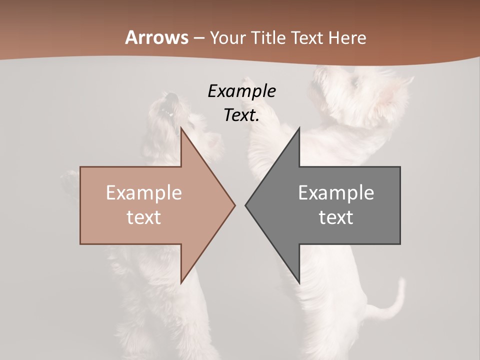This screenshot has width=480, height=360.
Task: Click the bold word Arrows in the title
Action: [156, 37]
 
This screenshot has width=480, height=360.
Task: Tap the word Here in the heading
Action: [347, 37]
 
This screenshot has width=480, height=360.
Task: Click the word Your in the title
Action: [228, 37]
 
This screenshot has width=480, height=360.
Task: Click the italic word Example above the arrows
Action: [241, 91]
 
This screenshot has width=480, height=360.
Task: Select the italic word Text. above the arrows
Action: [241, 115]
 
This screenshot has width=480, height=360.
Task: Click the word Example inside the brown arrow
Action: [143, 193]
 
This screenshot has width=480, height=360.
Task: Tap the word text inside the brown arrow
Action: [143, 217]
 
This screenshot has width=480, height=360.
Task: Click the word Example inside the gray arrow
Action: [336, 193]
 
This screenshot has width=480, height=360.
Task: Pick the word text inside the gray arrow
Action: [336, 217]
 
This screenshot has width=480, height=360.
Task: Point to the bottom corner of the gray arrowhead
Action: [299, 282]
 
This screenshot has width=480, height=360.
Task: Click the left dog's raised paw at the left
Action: [68, 177]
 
